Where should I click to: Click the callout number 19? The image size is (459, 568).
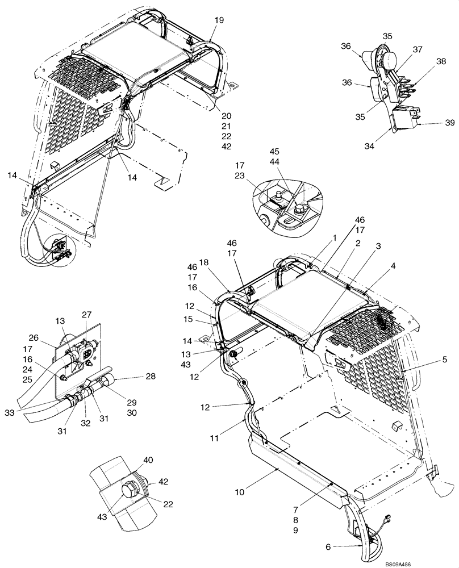pyautogui.click(x=219, y=20)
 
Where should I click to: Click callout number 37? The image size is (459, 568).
pyautogui.click(x=418, y=50)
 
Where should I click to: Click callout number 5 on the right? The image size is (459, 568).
pyautogui.click(x=444, y=359)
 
